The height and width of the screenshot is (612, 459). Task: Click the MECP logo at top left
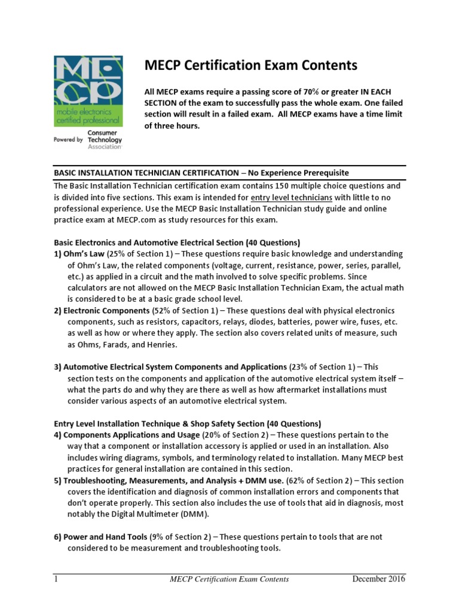click(x=88, y=91)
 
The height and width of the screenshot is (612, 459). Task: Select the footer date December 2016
click(x=378, y=579)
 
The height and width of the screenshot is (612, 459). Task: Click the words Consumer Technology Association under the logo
click(x=104, y=140)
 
